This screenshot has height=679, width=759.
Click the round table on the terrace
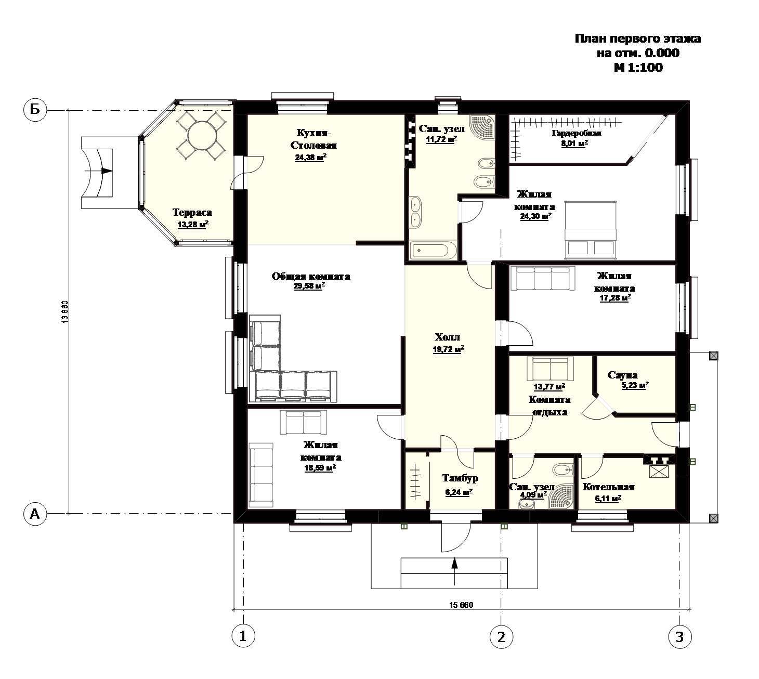(202, 136)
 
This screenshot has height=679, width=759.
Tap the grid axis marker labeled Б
(35, 110)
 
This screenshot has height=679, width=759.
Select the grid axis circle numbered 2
(501, 636)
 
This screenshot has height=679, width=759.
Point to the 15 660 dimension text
(461, 605)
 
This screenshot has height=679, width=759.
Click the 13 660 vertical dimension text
(65, 312)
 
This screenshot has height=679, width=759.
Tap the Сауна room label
(622, 375)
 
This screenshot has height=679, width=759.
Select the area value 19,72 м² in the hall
(449, 349)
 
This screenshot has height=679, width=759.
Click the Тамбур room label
(460, 478)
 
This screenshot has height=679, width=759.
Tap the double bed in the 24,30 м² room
(591, 230)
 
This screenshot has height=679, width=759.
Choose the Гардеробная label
(577, 133)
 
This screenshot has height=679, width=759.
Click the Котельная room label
(608, 487)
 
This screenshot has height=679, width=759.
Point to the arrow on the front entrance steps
(455, 571)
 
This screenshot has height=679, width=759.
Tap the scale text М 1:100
(638, 68)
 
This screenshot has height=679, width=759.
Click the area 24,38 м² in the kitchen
(310, 158)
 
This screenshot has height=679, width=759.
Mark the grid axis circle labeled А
(35, 513)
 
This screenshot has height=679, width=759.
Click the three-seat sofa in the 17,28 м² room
(542, 278)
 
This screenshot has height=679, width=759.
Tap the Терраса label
(192, 213)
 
